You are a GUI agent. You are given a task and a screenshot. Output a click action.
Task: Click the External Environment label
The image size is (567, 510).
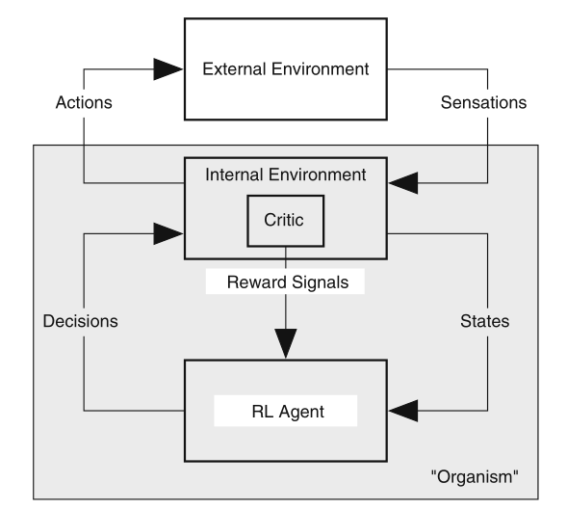coord(286,68)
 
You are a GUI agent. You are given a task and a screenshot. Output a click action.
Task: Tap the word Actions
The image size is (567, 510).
coord(84,102)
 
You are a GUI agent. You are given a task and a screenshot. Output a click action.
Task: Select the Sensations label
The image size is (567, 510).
coord(483,102)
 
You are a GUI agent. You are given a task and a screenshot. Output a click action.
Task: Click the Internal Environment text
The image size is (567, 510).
coord(286,174)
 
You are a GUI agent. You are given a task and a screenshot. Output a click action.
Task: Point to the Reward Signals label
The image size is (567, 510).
coord(288,282)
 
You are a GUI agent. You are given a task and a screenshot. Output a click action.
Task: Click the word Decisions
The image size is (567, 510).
coord(81,321)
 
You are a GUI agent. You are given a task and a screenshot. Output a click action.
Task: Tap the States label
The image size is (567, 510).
coord(485,321)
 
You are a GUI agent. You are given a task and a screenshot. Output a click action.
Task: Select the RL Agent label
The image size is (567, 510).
coord(288,412)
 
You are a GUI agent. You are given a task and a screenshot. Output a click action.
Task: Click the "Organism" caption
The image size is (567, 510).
coord(475,476)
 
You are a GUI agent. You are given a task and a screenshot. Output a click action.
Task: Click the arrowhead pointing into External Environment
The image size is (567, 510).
coord(168,68)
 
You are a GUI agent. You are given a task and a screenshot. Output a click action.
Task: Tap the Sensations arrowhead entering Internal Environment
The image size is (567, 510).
coord(403,183)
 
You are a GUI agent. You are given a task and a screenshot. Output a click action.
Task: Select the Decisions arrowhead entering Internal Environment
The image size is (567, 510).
coord(168,233)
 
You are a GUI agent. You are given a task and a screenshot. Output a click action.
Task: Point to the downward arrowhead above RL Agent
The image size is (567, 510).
coord(286,343)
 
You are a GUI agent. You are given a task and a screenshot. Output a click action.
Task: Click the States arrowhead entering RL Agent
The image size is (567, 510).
coord(403,411)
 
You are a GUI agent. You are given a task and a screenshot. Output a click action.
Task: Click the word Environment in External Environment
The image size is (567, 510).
coord(321,68)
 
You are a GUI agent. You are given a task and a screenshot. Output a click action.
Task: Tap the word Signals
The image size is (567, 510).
coord(321,282)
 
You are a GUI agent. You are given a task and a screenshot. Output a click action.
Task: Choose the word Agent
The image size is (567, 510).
coord(301,413)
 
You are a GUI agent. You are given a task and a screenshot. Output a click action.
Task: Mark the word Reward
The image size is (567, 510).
coord(257,282)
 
